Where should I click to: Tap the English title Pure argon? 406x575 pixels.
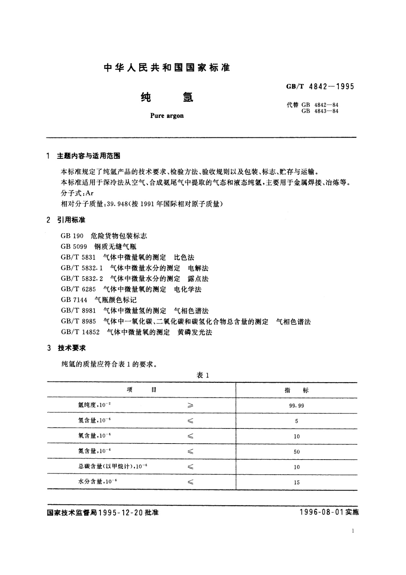click(x=167, y=116)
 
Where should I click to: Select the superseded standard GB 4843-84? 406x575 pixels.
click(x=317, y=111)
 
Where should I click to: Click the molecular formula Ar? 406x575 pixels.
click(x=89, y=193)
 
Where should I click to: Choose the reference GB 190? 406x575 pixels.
click(x=70, y=236)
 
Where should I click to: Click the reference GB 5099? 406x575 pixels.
click(x=74, y=247)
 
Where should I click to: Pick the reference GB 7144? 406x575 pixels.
click(x=74, y=300)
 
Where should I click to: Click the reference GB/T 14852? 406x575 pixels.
click(x=80, y=332)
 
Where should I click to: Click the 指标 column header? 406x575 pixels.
click(x=296, y=390)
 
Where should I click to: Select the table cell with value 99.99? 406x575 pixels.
click(x=296, y=406)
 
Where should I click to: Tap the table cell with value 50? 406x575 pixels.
click(x=297, y=452)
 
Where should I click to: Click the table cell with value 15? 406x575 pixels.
click(x=297, y=482)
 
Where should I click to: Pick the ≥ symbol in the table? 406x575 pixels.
click(x=190, y=406)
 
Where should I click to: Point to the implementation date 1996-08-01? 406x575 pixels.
click(x=321, y=512)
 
